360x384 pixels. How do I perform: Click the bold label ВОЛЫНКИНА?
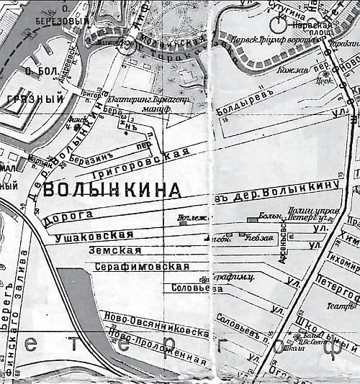112,191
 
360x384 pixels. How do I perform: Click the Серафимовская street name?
142,266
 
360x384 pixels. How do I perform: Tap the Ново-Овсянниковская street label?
150,321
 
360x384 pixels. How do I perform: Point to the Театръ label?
335,303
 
